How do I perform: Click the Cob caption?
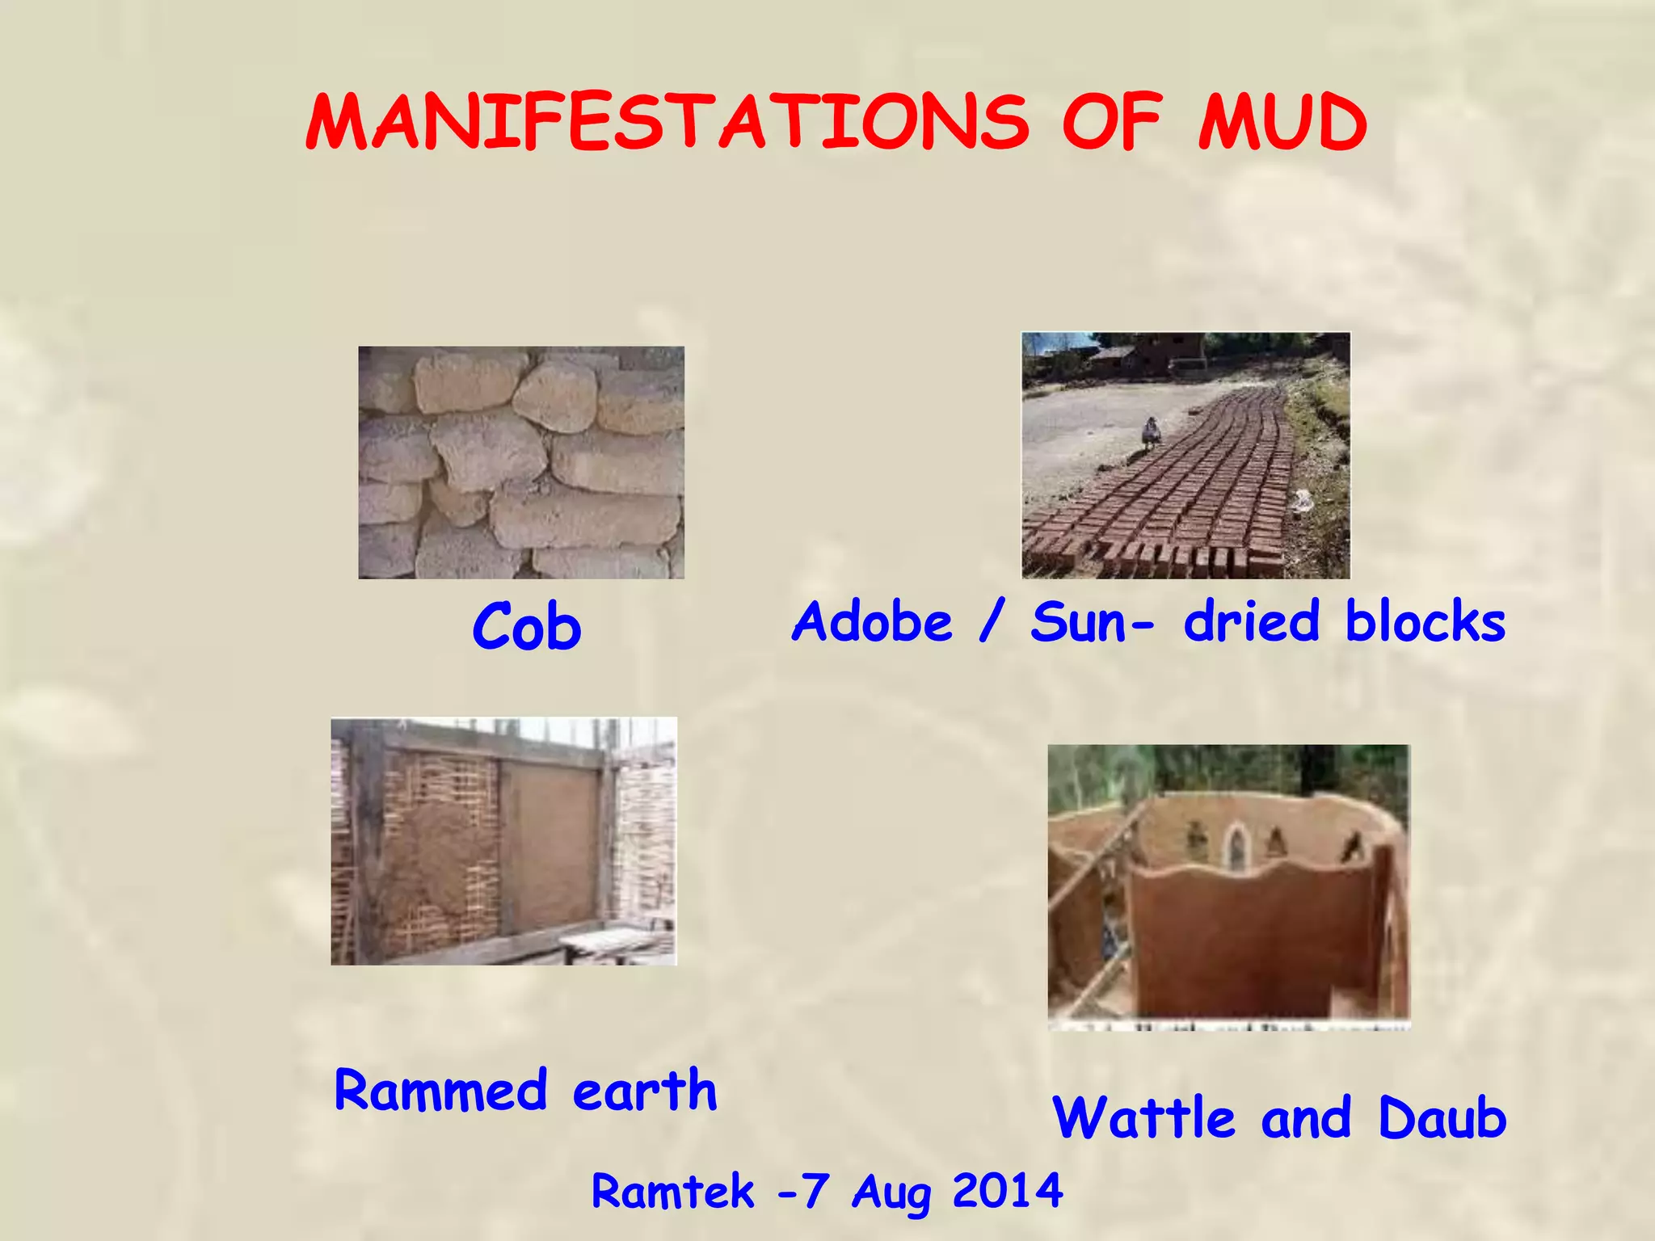[x=526, y=627]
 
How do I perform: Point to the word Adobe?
[x=873, y=622]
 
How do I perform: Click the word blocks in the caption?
[x=1425, y=622]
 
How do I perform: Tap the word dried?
[x=1252, y=622]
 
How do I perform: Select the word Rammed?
[x=440, y=1090]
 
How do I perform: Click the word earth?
[x=644, y=1090]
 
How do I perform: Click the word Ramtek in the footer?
[x=672, y=1191]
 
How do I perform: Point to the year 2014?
[x=1008, y=1191]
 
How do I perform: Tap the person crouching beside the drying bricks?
[x=1149, y=433]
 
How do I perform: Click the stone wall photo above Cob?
[x=521, y=462]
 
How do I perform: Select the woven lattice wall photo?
[x=503, y=841]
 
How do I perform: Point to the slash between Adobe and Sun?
[x=991, y=622]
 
